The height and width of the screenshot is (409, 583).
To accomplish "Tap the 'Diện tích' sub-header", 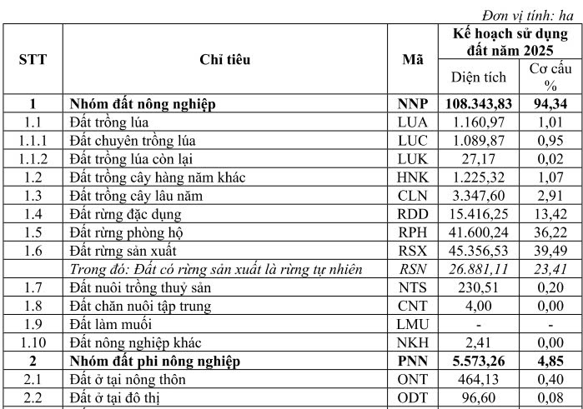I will [x=479, y=77].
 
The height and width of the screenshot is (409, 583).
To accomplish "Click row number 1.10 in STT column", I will [x=33, y=342].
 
